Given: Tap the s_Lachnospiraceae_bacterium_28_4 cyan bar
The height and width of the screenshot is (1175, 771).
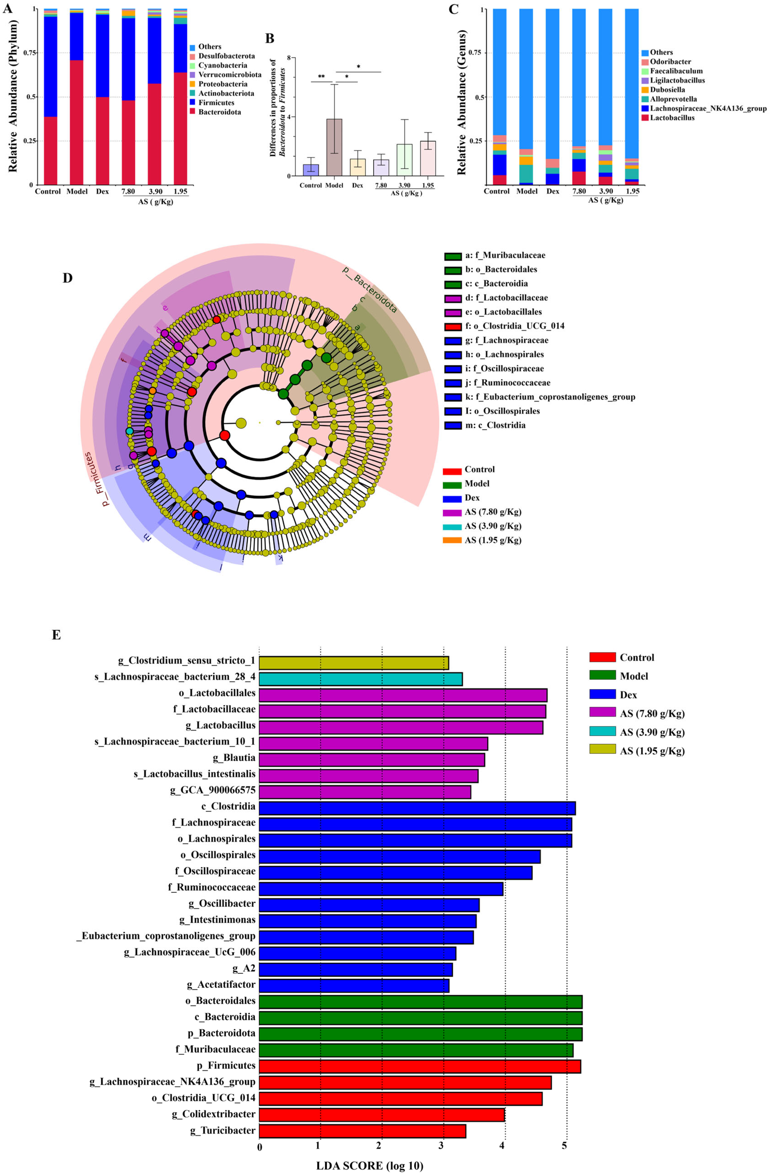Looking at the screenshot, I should click(360, 679).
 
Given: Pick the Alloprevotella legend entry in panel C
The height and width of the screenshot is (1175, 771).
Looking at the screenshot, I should click(673, 99).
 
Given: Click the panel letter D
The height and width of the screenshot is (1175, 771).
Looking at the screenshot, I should click(67, 278).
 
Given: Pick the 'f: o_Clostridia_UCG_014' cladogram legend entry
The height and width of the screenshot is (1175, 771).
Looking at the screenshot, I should click(514, 326).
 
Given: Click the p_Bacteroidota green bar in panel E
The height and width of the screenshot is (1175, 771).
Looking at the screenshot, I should click(420, 1033).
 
